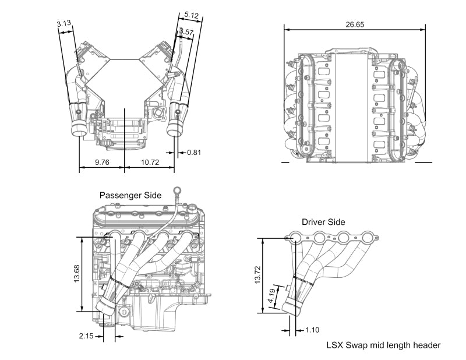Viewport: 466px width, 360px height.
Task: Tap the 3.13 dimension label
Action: point(63,23)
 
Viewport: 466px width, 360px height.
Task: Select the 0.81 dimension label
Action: point(195,153)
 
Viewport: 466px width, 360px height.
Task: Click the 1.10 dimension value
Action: point(313,330)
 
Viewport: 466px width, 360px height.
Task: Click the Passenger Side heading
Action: point(130,196)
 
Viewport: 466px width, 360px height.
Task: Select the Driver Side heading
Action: point(323,222)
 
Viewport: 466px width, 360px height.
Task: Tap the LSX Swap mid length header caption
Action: point(383,345)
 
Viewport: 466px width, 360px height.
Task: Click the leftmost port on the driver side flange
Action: point(296,238)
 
